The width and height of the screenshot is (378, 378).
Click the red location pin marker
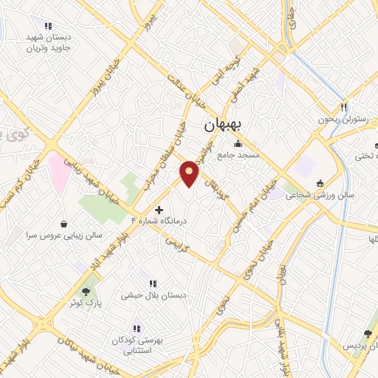coord(190,173)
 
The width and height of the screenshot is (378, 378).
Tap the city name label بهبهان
coord(227,126)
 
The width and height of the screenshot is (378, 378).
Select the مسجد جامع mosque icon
coord(238,144)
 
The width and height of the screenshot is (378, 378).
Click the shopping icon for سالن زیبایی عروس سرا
coord(65,224)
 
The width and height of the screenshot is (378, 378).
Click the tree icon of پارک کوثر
coord(92,292)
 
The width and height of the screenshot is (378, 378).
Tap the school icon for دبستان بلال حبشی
coord(153,283)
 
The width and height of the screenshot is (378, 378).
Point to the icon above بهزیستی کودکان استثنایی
coord(136,328)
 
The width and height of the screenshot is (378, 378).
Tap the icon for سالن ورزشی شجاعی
coord(320,184)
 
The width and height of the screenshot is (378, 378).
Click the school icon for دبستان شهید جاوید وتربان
coord(48,27)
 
